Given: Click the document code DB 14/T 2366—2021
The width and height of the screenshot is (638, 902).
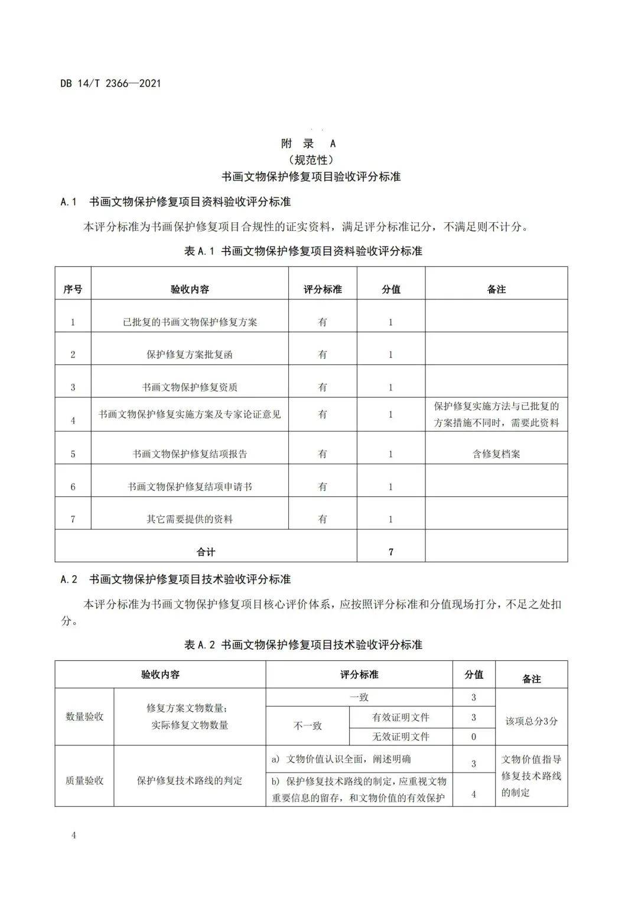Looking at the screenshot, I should click(110, 83).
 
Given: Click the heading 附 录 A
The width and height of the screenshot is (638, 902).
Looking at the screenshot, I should click(308, 144).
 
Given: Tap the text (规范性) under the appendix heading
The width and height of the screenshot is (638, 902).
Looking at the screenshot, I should click(311, 160).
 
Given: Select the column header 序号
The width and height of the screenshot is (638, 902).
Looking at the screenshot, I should click(73, 289).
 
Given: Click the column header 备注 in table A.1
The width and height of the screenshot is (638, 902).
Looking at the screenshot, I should click(496, 289).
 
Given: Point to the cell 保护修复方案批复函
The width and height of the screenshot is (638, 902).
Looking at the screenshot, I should click(190, 354).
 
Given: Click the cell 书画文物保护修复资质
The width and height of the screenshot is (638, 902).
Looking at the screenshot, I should click(190, 387).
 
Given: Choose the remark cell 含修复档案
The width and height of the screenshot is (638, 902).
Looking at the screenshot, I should click(496, 454).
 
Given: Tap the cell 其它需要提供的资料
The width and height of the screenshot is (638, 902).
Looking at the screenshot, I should click(190, 519).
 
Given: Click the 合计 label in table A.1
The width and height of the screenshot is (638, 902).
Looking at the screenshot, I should click(206, 552).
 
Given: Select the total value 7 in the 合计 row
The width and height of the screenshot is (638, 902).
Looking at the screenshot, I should click(391, 552).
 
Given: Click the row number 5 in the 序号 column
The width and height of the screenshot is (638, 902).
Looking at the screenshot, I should click(73, 454).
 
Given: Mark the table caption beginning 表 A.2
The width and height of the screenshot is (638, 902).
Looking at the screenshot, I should click(303, 644).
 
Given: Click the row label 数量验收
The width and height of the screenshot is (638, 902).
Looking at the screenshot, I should click(84, 717).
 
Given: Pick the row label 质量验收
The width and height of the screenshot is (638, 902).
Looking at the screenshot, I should click(84, 780).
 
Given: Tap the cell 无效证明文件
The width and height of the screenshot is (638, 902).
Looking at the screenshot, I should click(401, 737).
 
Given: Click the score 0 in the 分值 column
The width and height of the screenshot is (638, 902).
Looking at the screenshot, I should click(474, 737).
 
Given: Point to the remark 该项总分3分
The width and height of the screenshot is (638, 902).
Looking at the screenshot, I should click(531, 721).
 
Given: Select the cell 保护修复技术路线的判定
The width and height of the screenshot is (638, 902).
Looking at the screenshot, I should click(190, 780).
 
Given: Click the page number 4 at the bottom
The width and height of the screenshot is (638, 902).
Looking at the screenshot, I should click(73, 835).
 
